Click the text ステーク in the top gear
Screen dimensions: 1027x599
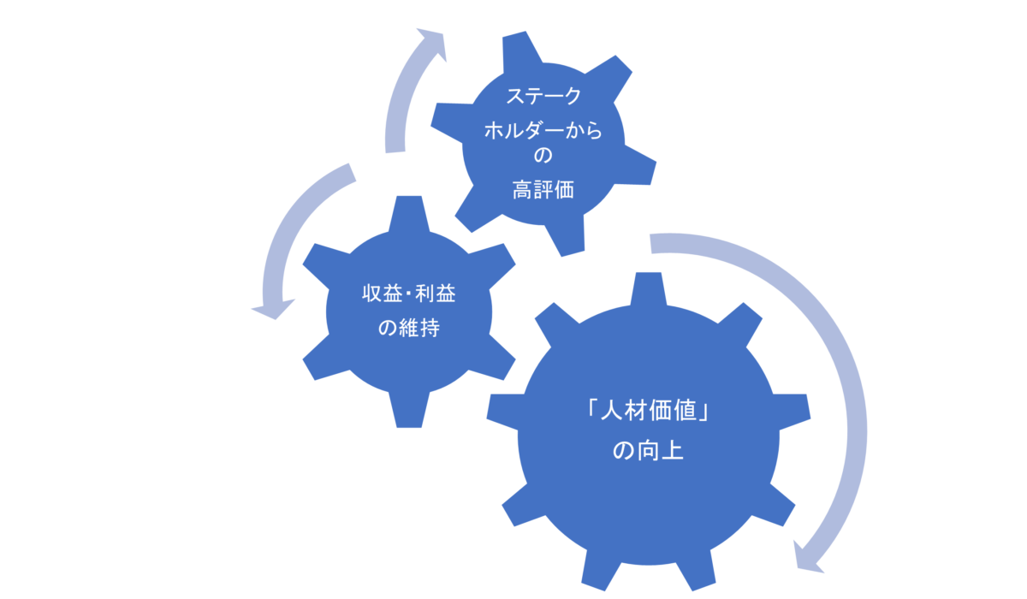(543, 96)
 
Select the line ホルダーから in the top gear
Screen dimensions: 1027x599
(543, 131)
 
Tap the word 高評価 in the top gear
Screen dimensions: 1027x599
(543, 190)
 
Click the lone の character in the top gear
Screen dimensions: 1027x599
(543, 156)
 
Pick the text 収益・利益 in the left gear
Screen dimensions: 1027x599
(409, 294)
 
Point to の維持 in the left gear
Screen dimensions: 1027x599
(409, 328)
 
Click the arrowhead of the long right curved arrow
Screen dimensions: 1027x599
(808, 558)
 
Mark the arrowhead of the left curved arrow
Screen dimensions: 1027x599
(273, 309)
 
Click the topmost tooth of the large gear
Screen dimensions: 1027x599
(649, 288)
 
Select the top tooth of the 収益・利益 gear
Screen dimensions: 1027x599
(409, 214)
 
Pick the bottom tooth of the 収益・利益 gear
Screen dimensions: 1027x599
(409, 410)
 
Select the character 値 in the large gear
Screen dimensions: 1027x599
(685, 410)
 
